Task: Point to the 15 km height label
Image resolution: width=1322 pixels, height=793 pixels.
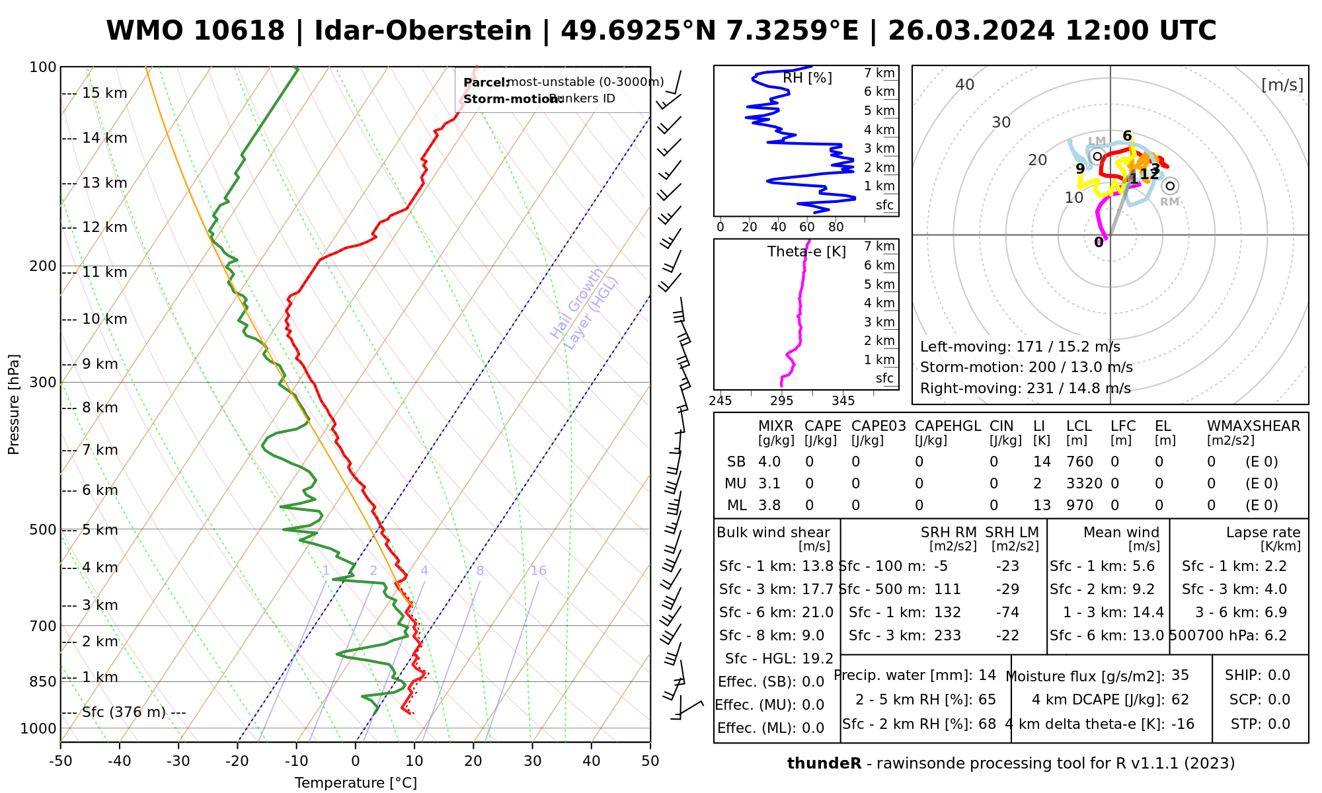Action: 104,93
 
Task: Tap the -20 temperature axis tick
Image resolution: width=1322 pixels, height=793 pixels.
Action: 237,761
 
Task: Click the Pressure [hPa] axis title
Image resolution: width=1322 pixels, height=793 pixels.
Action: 14,404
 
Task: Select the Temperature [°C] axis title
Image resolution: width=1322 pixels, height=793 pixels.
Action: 356,783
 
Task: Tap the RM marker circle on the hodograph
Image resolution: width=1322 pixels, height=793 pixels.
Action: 1170,186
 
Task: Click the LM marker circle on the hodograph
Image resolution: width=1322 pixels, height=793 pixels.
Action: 1097,156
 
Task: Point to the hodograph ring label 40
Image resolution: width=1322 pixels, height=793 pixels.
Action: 965,85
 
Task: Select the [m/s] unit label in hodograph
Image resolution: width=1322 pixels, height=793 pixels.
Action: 1282,85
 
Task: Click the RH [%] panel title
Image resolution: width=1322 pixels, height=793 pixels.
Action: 807,78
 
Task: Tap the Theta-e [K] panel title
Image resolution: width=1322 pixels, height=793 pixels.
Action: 806,252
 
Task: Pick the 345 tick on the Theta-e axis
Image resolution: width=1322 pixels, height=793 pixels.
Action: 843,401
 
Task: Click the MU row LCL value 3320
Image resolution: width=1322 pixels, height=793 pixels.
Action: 1084,484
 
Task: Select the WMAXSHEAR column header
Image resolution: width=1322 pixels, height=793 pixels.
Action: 1253,426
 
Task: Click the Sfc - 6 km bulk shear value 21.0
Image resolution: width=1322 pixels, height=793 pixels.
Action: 817,613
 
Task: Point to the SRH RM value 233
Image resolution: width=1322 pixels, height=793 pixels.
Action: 947,636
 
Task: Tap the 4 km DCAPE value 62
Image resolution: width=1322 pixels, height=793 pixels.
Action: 1180,700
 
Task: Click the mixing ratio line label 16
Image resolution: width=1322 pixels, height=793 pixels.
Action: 538,571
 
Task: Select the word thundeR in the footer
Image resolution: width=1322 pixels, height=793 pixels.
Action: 824,764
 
